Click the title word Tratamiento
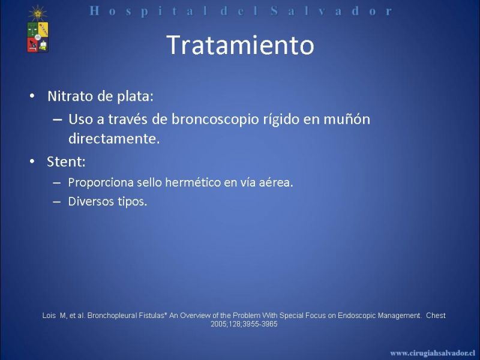(241, 45)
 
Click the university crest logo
(38, 37)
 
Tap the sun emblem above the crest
(38, 13)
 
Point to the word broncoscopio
(215, 119)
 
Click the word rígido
(281, 119)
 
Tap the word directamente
(114, 139)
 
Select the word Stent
(66, 161)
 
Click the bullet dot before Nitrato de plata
(32, 96)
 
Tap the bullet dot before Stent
(32, 161)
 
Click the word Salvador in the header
(331, 11)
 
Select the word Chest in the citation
(436, 316)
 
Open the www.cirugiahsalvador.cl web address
(433, 353)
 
